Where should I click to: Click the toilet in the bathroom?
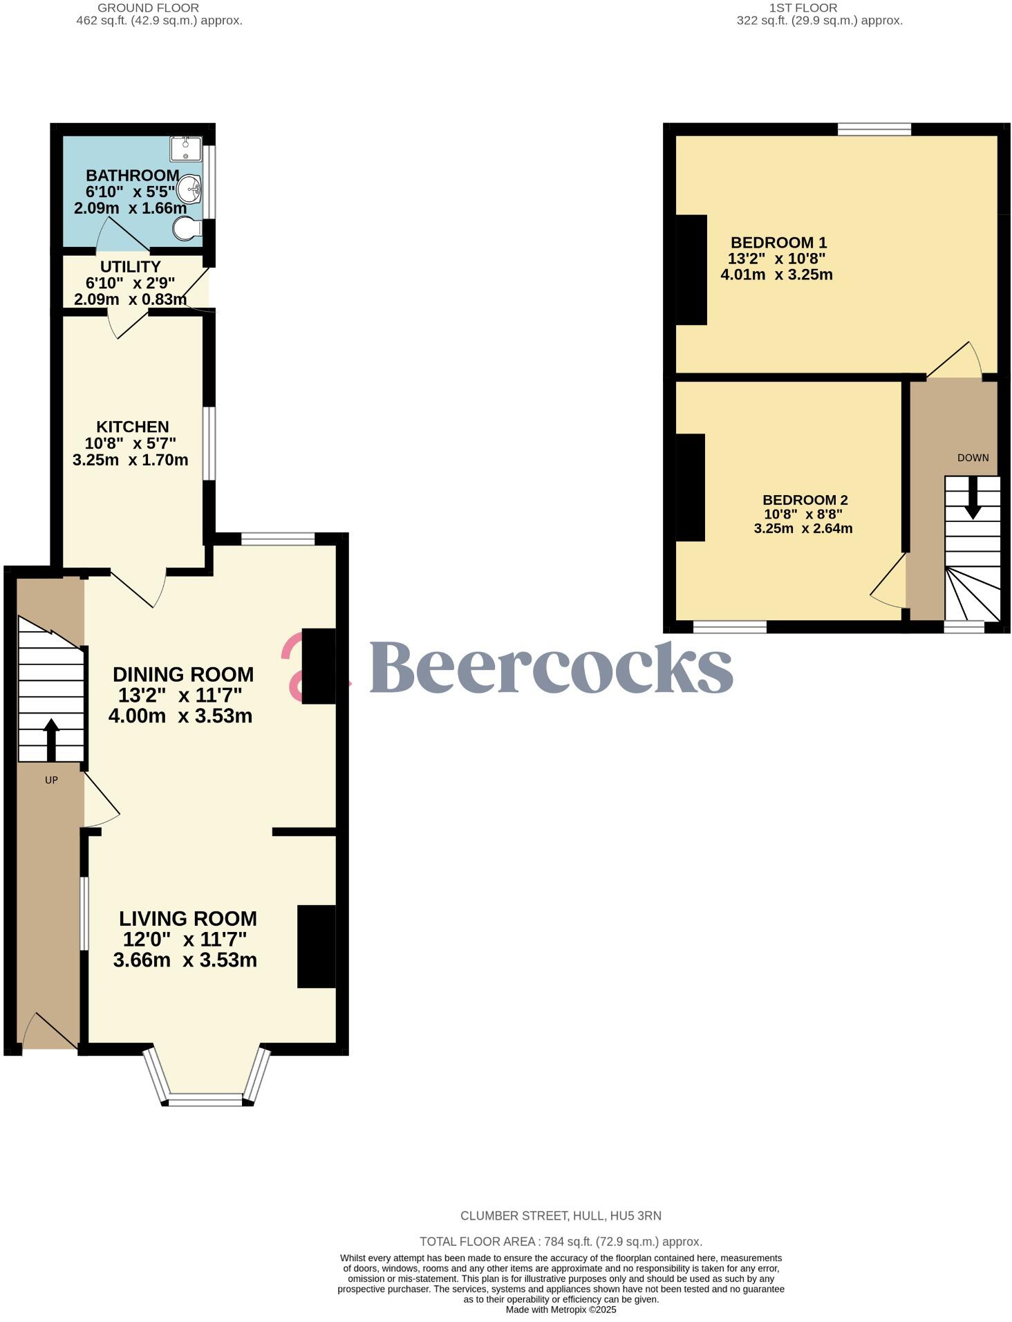(187, 228)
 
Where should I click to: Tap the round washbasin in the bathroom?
(189, 188)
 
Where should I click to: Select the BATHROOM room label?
(132, 176)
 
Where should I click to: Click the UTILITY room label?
(130, 267)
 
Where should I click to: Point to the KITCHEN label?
(132, 427)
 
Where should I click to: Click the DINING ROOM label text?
(183, 674)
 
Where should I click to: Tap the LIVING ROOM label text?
(188, 918)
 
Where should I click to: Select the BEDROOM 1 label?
(778, 243)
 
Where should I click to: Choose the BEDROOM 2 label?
(805, 500)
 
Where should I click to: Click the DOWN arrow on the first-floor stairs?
(973, 498)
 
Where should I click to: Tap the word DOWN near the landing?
(973, 458)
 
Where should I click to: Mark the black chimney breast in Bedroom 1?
(691, 270)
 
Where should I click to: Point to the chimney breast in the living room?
(317, 946)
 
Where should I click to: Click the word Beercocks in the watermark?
(551, 667)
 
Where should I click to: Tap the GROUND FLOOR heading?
(148, 8)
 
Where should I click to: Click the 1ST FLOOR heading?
(803, 8)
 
